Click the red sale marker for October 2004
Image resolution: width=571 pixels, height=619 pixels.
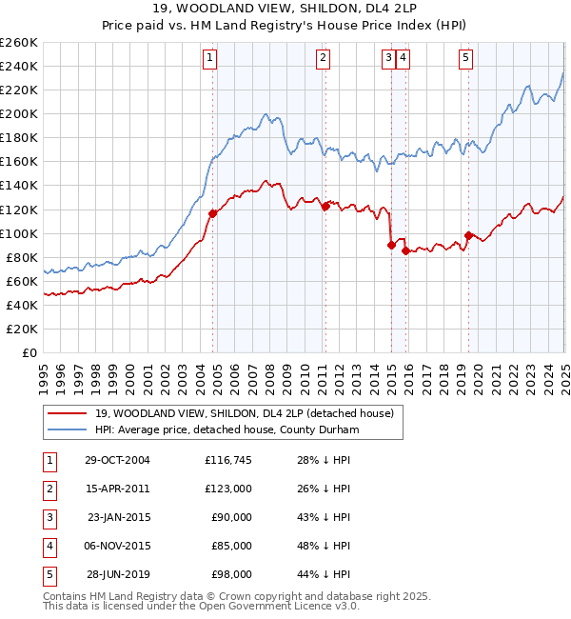pyautogui.click(x=212, y=213)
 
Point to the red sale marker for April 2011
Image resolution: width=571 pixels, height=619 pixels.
pyautogui.click(x=325, y=206)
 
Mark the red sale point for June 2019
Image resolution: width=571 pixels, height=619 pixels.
pyautogui.click(x=468, y=235)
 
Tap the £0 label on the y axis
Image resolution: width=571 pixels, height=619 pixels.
pyautogui.click(x=30, y=352)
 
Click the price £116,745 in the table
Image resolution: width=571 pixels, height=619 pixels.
pyautogui.click(x=228, y=460)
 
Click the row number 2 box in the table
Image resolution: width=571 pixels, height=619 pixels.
pyautogui.click(x=49, y=489)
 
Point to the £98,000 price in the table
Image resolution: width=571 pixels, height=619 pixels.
pyautogui.click(x=232, y=574)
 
